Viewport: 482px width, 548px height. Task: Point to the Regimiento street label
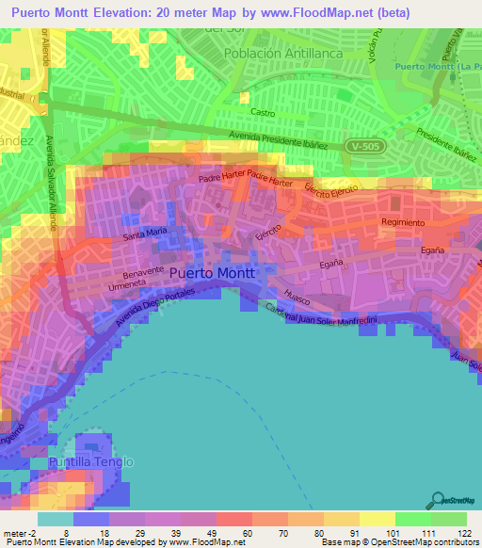(401, 222)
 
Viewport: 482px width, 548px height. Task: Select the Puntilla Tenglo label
(92, 462)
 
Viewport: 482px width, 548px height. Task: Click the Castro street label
(262, 112)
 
